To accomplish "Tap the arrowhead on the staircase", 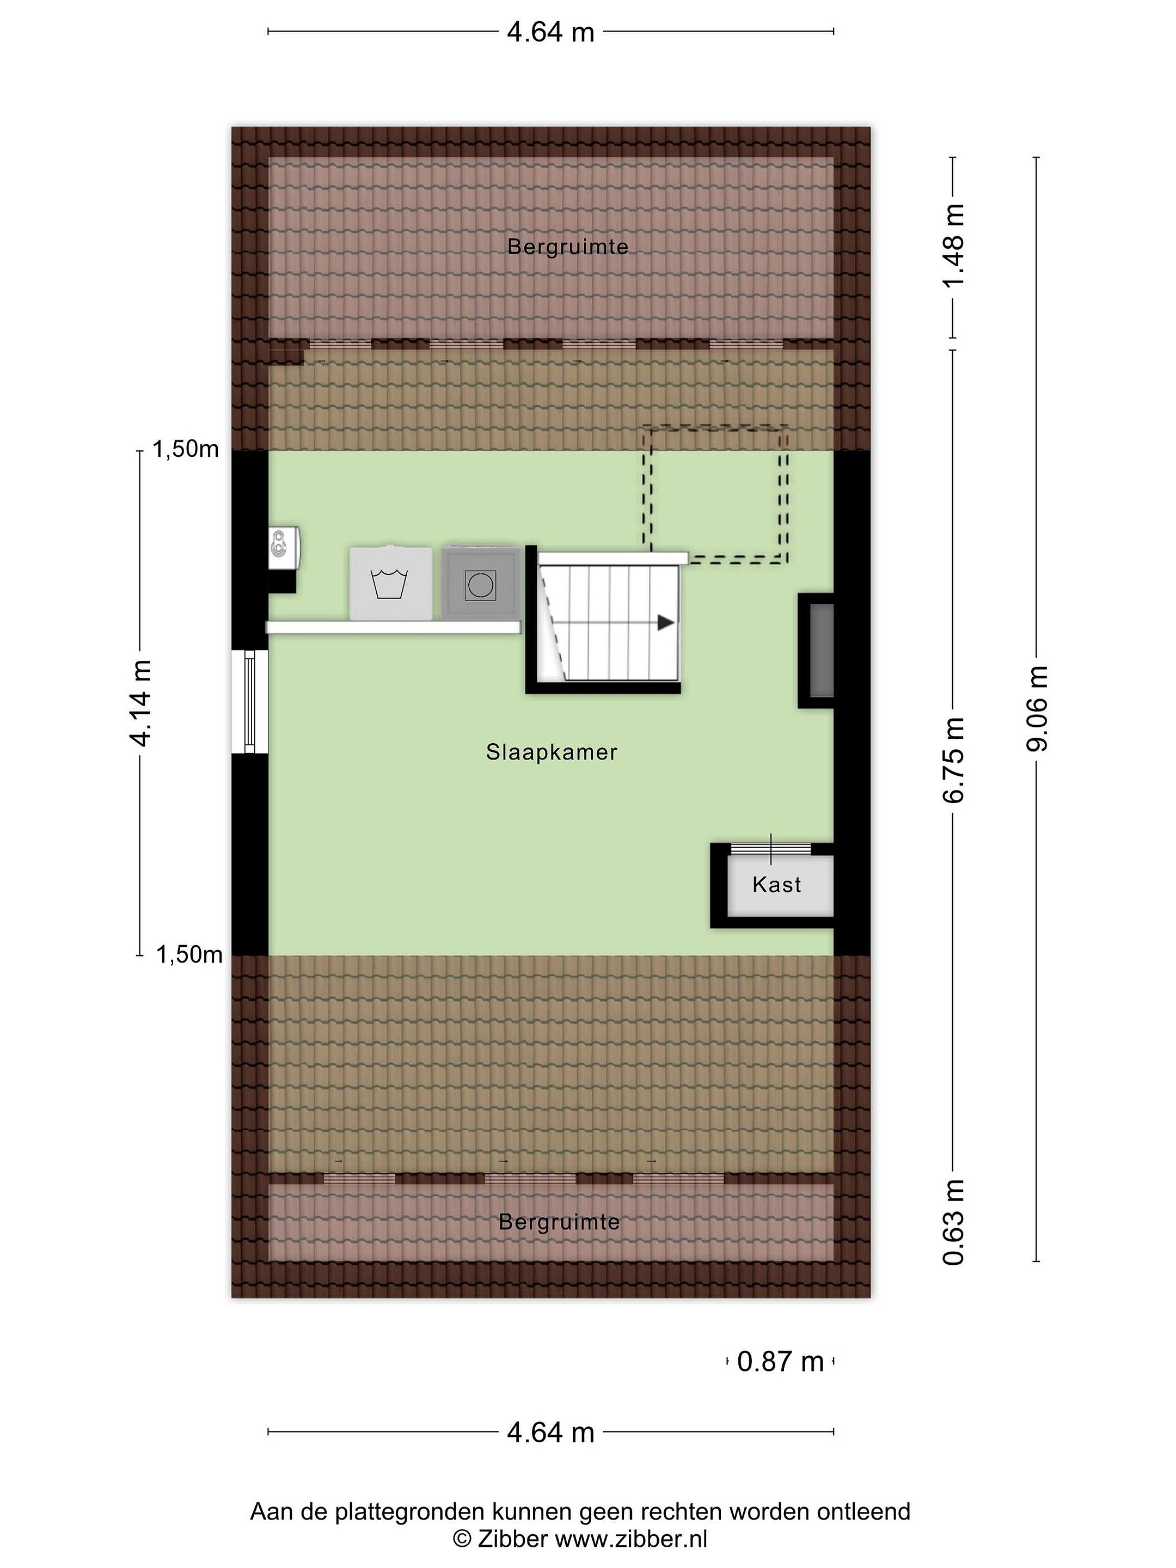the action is click(666, 623).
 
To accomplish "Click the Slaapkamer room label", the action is click(552, 752).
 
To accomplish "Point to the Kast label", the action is click(777, 885).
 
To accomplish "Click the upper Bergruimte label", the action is click(568, 247).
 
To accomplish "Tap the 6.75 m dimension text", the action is click(953, 760).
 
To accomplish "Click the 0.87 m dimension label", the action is click(780, 1362).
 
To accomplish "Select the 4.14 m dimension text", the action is click(140, 703).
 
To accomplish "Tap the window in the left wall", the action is click(249, 702).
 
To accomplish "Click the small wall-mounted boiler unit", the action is click(284, 548).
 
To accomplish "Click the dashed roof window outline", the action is click(715, 494).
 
